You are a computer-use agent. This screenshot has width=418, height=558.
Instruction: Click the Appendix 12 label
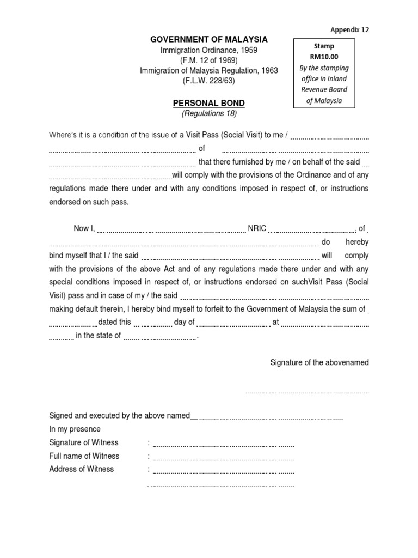[x=349, y=30]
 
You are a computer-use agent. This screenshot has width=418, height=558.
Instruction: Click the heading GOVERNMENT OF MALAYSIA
[x=209, y=39]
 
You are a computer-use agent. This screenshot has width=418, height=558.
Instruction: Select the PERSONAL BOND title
[x=209, y=103]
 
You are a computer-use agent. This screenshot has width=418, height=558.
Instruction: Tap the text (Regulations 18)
[x=209, y=113]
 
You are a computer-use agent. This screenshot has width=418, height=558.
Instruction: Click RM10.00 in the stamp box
[x=324, y=57]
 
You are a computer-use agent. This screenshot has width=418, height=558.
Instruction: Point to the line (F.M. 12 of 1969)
[x=209, y=60]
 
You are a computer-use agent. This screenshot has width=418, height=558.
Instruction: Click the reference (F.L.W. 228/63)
[x=209, y=81]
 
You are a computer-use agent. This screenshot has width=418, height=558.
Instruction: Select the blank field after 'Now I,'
[x=171, y=231]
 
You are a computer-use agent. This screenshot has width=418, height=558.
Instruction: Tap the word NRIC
[x=257, y=229]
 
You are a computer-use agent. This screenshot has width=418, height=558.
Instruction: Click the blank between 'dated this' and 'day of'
[x=152, y=324]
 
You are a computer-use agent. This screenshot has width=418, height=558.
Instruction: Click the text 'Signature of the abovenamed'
[x=319, y=362]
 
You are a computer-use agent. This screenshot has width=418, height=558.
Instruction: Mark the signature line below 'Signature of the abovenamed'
[x=307, y=392]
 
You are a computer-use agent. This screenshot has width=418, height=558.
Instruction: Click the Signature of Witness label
[x=83, y=442]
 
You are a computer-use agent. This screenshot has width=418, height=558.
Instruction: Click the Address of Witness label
[x=81, y=469]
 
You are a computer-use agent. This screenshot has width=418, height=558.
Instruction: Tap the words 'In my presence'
[x=75, y=429]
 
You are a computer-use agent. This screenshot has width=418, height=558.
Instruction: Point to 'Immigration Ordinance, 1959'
[x=209, y=50]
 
